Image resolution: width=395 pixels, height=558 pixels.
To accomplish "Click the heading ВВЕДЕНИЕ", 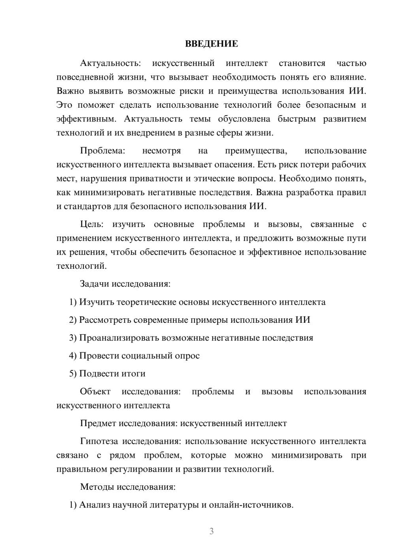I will (211, 44).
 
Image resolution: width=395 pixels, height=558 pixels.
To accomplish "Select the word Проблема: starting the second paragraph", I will (102, 151).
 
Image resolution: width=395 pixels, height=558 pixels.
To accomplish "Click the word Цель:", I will (92, 225).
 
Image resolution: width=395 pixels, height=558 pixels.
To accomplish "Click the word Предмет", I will (98, 423).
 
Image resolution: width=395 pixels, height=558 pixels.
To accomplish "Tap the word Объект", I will (95, 391).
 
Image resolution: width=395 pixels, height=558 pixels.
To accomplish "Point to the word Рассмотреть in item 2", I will (105, 320).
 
